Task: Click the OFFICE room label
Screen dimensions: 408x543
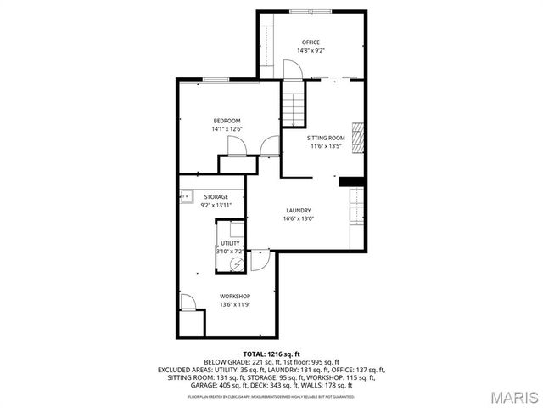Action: (311, 42)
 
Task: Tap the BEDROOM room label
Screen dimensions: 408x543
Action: (227, 121)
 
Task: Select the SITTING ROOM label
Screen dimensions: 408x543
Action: (325, 138)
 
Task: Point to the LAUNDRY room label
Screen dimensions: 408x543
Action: (298, 211)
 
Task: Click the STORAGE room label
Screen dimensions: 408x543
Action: (216, 197)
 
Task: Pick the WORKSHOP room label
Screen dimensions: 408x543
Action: (235, 296)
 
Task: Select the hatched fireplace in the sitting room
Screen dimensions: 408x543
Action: (358, 137)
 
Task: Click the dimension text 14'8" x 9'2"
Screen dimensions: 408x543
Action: (311, 51)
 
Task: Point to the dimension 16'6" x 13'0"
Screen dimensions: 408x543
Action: (298, 219)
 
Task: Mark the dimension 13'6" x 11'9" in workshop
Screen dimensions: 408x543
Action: (235, 304)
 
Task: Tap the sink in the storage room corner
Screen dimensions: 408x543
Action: (186, 196)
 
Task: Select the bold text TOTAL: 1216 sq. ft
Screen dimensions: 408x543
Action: (271, 354)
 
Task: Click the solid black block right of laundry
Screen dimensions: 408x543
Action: (350, 180)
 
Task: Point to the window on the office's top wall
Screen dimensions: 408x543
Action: (311, 11)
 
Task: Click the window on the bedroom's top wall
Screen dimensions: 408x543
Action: (216, 80)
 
